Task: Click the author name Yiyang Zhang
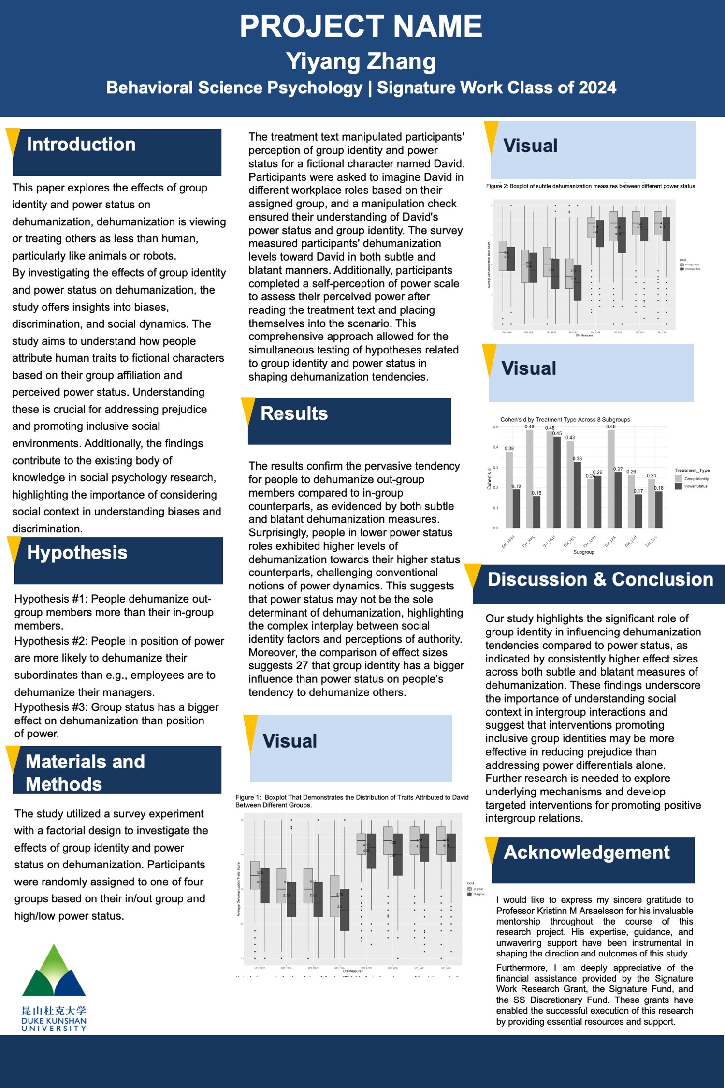click(x=361, y=61)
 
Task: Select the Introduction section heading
click(x=81, y=145)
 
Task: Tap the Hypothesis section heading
click(x=77, y=553)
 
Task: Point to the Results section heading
click(x=294, y=413)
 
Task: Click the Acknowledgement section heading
click(x=586, y=853)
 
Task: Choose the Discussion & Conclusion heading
click(x=600, y=579)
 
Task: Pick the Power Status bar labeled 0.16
click(x=536, y=512)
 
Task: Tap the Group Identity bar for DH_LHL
click(x=611, y=479)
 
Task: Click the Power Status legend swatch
click(x=678, y=486)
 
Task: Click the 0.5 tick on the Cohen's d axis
click(x=495, y=427)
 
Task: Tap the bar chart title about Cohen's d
click(x=565, y=420)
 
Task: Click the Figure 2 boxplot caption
click(x=590, y=186)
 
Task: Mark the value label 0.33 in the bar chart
click(x=577, y=458)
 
